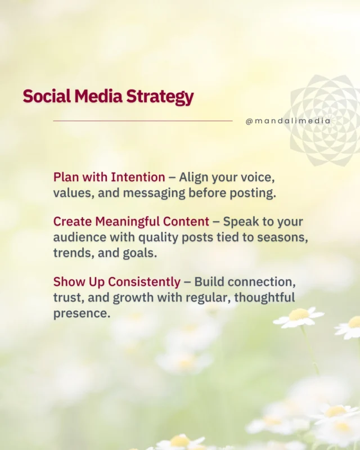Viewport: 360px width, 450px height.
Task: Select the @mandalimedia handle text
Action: (288, 120)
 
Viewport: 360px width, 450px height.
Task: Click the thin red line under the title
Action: (142, 120)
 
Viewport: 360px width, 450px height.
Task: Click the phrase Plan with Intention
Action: (109, 177)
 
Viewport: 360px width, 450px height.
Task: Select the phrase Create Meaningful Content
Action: (131, 222)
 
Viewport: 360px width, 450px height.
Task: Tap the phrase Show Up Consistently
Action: (117, 282)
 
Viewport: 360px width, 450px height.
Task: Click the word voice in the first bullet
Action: (260, 177)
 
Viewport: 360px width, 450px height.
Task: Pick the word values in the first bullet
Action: (71, 192)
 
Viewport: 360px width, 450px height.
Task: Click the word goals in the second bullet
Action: (139, 253)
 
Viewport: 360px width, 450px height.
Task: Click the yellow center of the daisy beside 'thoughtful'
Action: (299, 314)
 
